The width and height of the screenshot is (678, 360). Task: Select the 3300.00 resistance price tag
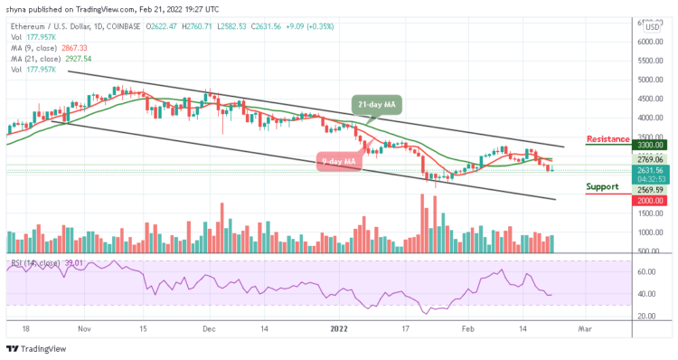pyautogui.click(x=651, y=145)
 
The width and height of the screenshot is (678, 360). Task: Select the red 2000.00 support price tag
pyautogui.click(x=651, y=200)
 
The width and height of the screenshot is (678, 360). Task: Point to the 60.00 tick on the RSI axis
pyautogui.click(x=648, y=271)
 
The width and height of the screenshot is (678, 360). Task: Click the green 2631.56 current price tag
pyautogui.click(x=651, y=169)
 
